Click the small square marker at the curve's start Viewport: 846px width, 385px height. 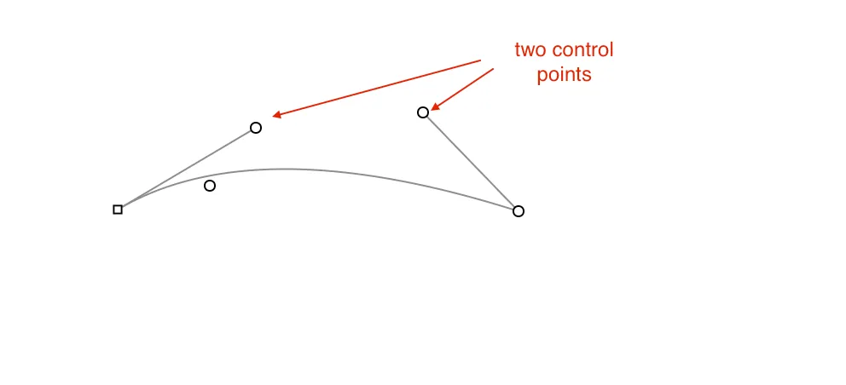point(118,210)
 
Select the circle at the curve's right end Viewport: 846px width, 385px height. point(518,211)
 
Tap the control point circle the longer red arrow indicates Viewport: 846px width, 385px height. point(256,128)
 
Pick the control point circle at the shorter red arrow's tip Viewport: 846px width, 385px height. point(423,112)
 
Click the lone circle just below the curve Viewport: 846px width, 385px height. point(210,186)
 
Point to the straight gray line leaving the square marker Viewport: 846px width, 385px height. point(187,169)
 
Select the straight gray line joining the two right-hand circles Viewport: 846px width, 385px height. point(471,162)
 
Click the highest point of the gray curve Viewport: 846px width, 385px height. point(281,170)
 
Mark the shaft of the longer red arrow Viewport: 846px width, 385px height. point(377,88)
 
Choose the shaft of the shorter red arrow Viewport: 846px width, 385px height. point(462,89)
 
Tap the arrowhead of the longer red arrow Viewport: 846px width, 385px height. point(277,114)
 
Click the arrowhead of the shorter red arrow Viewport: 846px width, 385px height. point(435,107)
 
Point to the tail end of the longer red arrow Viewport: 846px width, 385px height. point(480,60)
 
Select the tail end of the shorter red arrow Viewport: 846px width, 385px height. point(494,68)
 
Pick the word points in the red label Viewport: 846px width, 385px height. point(564,75)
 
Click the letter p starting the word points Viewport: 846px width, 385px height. point(542,76)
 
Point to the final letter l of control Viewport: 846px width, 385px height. point(611,49)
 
